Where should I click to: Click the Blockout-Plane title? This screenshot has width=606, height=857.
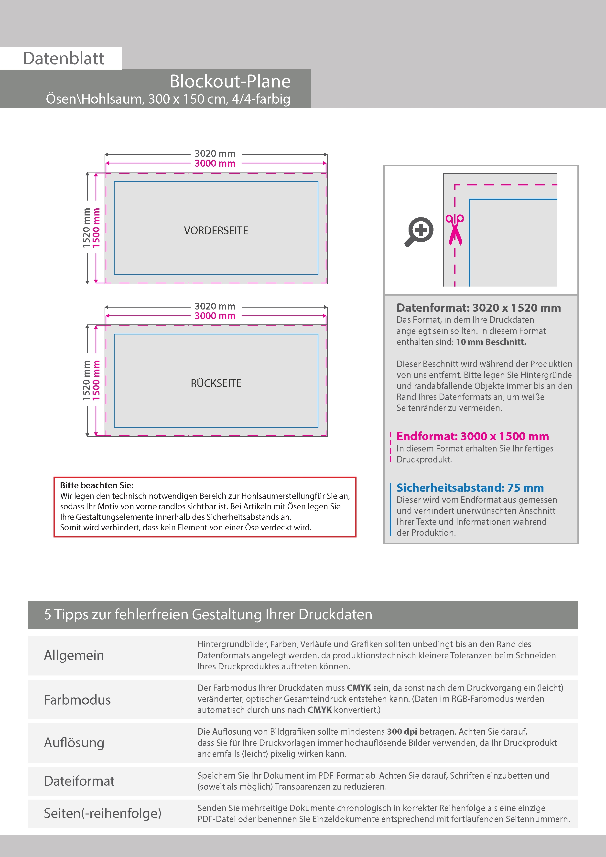(230, 81)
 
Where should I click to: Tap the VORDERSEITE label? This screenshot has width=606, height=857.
(216, 231)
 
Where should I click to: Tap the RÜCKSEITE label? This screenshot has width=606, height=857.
(216, 383)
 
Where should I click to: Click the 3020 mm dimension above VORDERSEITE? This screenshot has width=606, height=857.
(215, 153)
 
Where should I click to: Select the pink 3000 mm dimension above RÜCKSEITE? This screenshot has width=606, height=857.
(215, 316)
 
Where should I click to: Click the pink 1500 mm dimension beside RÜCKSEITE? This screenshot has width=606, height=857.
(96, 380)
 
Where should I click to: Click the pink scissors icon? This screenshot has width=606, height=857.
(454, 229)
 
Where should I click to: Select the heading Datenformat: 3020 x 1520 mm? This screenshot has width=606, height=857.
(478, 308)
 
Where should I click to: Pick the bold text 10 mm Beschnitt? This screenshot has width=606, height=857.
(491, 342)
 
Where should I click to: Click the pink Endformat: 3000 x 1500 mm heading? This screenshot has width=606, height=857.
(472, 436)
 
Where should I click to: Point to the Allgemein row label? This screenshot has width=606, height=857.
(74, 655)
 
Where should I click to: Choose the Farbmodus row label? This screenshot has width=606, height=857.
(77, 700)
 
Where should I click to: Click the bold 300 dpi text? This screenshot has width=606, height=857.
(402, 732)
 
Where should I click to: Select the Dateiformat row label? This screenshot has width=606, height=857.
(79, 781)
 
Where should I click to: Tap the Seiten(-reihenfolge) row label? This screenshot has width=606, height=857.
(102, 813)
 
